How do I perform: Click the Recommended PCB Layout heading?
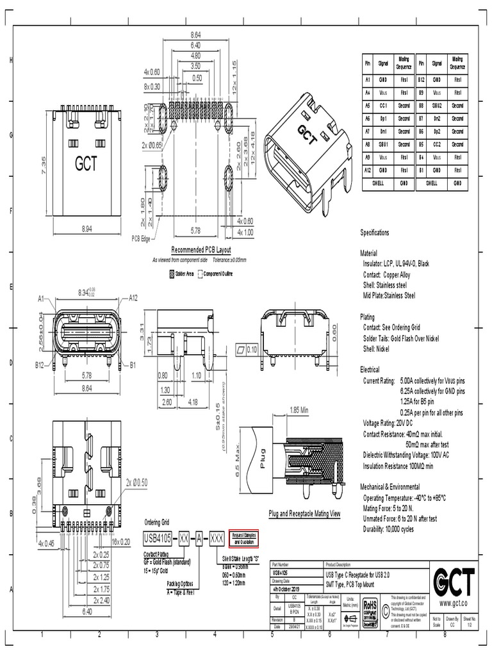(x=201, y=250)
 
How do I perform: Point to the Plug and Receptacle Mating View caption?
(x=304, y=514)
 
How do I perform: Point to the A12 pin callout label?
(x=133, y=298)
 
